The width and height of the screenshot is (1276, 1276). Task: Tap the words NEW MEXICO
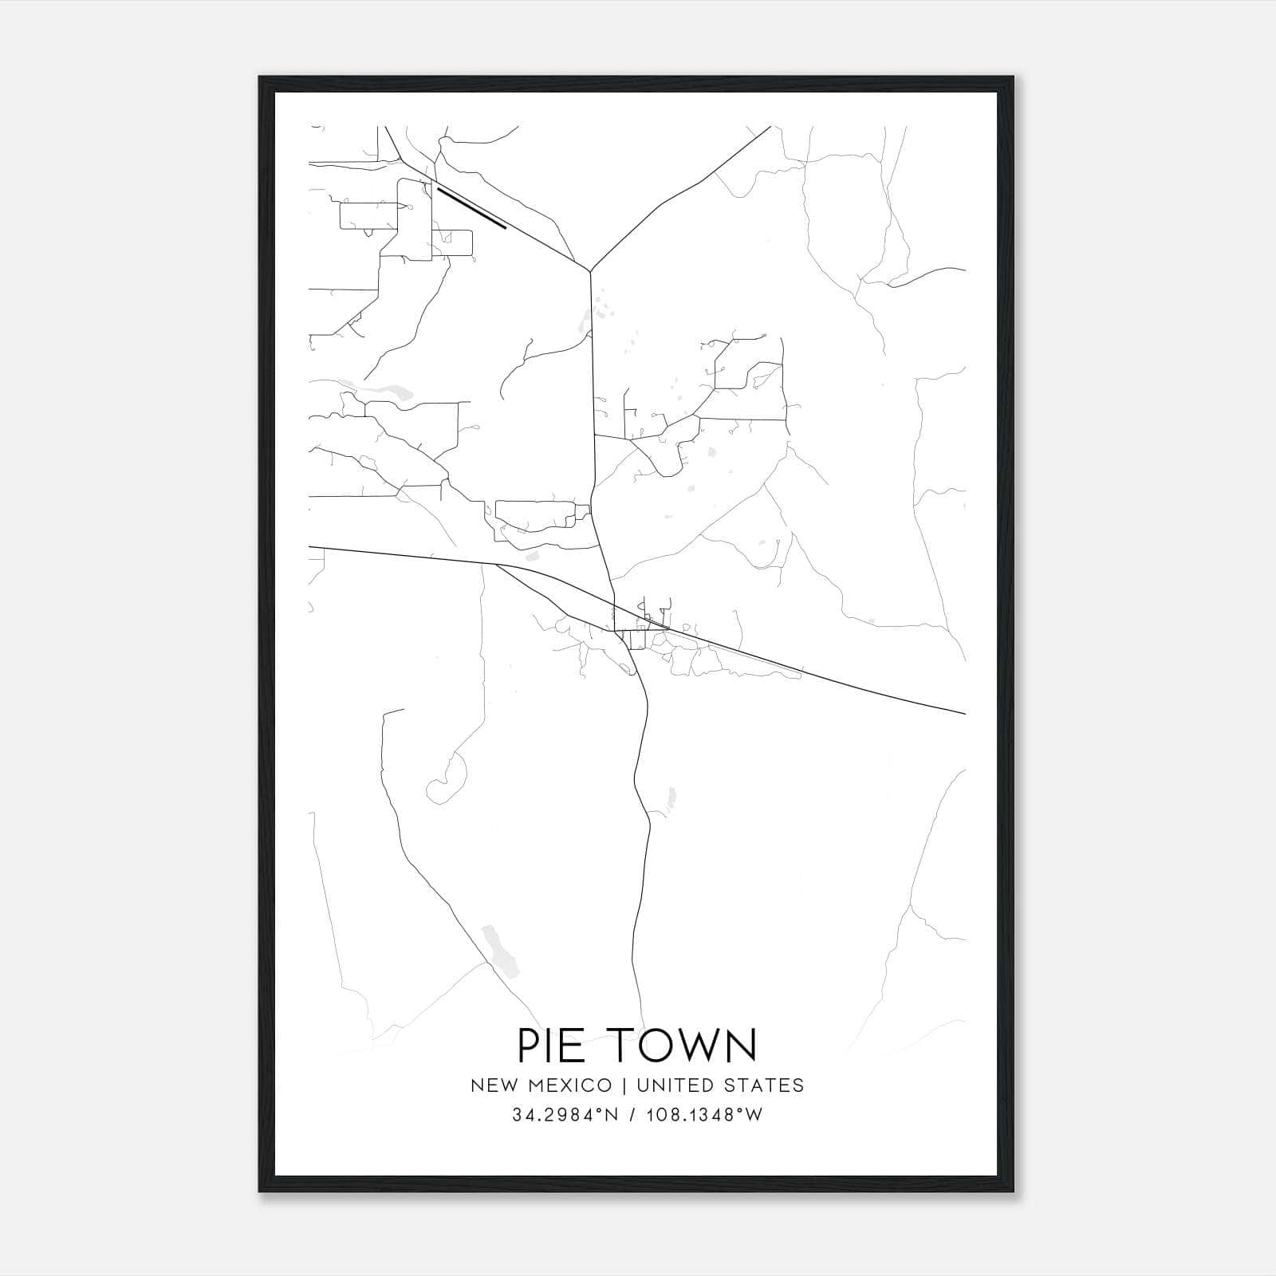[x=542, y=1085]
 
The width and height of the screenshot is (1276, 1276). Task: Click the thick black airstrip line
[x=471, y=208]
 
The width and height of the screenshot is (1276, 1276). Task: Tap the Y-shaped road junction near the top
[x=590, y=270]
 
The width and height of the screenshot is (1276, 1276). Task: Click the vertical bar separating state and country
[x=621, y=1085]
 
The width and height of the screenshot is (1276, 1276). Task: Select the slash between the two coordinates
[x=632, y=1115]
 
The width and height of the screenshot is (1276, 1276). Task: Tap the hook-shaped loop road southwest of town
[x=447, y=782]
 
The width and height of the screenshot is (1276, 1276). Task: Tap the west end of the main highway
[x=311, y=547]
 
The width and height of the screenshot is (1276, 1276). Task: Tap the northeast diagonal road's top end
[x=769, y=127]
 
